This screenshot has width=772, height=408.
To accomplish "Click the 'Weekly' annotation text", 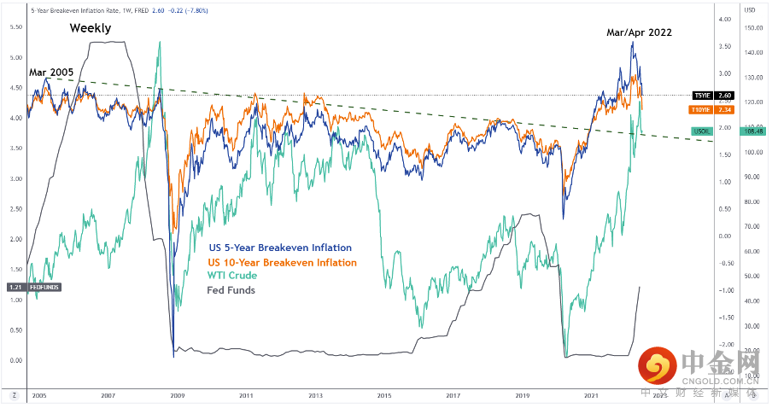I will [x=91, y=27].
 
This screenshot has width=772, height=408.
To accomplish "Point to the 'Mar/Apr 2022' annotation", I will [x=640, y=32].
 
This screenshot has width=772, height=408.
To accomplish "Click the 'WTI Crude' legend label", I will [x=233, y=276].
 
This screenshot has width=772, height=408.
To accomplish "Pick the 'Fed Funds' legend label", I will [x=231, y=290].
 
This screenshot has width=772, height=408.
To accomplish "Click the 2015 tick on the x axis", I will [x=384, y=396].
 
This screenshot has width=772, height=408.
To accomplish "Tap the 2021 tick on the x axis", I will [x=590, y=396].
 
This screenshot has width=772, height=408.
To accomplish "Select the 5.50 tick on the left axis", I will [x=15, y=27].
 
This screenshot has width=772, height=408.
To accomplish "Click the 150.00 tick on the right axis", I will [x=751, y=27].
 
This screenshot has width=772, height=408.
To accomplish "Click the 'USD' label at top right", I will [x=749, y=9].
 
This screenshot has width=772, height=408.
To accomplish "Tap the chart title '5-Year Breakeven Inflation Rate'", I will [x=76, y=9].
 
